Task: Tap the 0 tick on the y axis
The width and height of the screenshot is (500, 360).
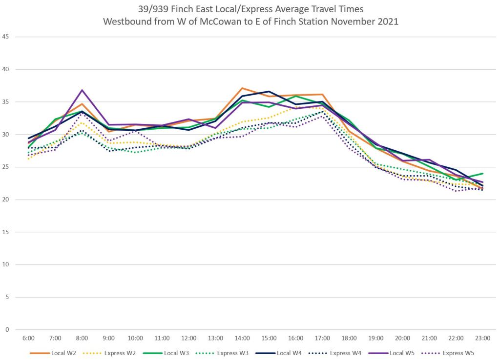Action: [x=7, y=330]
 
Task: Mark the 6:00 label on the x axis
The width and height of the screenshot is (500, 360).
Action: [x=28, y=338]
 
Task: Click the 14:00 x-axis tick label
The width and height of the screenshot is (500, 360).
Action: [x=243, y=338]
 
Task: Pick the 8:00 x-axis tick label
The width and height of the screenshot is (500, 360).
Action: [x=82, y=338]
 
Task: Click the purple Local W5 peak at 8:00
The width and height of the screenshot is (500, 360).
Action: [x=82, y=90]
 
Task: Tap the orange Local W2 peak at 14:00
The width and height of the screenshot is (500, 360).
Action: [x=243, y=88]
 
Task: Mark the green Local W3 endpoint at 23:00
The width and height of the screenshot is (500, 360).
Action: [x=483, y=174]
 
